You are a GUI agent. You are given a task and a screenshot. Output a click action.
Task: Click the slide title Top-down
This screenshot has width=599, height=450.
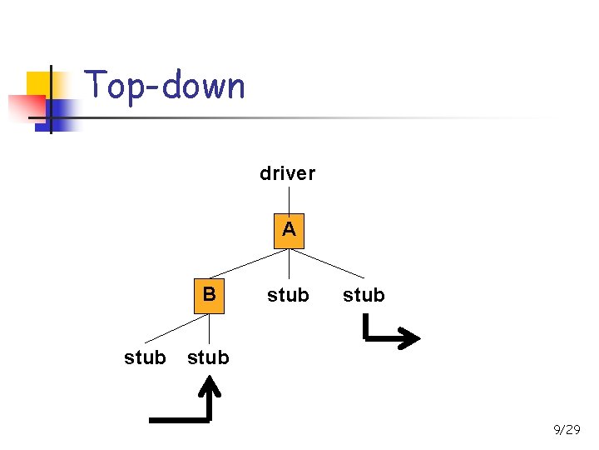(x=165, y=86)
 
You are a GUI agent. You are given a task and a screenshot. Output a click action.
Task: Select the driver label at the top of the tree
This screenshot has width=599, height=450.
(x=287, y=173)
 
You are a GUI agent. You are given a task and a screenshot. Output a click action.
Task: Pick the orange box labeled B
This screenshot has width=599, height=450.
(x=209, y=295)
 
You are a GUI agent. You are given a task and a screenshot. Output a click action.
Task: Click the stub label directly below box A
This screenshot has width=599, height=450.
(x=288, y=295)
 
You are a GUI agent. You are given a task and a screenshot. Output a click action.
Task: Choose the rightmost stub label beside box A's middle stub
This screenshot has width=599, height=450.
(x=364, y=295)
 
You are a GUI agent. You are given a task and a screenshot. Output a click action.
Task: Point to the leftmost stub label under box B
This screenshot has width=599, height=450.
(x=145, y=357)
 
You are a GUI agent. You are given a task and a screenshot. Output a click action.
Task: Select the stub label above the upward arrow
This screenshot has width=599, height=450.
(x=208, y=357)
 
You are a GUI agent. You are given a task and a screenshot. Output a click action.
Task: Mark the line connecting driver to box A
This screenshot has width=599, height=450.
(x=289, y=199)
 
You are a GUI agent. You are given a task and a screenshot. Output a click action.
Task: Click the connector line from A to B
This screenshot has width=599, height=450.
(x=250, y=262)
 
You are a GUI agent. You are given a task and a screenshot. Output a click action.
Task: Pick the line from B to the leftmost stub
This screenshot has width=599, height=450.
(x=175, y=327)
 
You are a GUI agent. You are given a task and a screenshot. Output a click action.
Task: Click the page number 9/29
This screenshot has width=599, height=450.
(x=567, y=429)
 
